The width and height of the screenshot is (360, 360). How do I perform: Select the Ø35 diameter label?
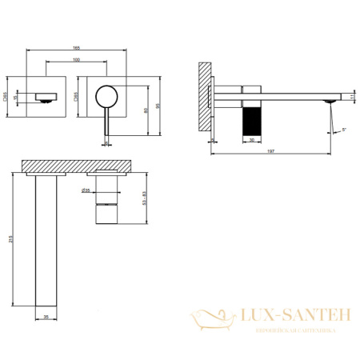coord(84,190)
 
